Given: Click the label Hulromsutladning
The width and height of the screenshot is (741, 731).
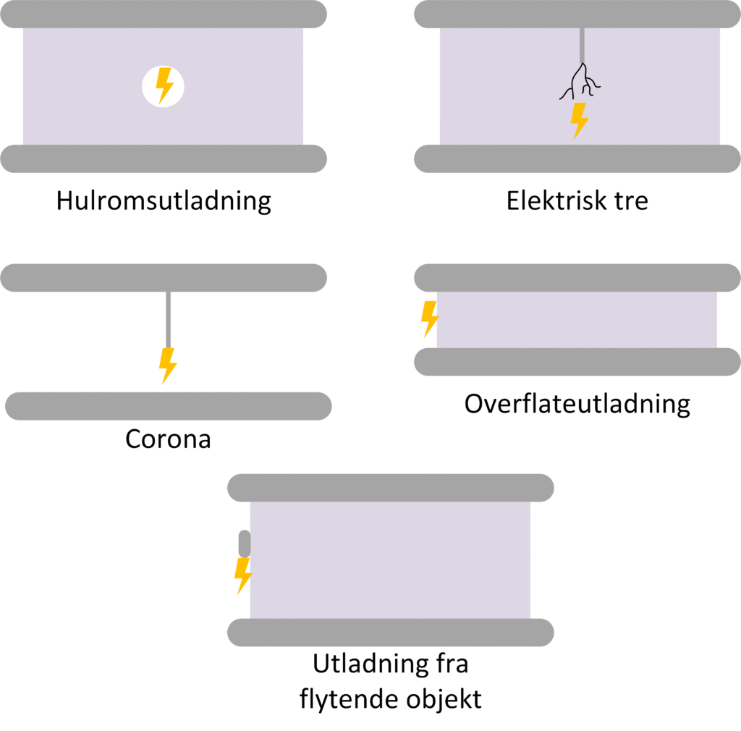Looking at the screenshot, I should pyautogui.click(x=164, y=200).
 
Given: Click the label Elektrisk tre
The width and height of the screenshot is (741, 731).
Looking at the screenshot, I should pyautogui.click(x=577, y=200).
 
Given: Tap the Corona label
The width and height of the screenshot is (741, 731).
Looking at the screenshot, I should pyautogui.click(x=168, y=439).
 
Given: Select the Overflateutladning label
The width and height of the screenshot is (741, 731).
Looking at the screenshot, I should pyautogui.click(x=577, y=404).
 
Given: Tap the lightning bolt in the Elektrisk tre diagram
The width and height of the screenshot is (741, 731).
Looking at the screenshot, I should pyautogui.click(x=578, y=119).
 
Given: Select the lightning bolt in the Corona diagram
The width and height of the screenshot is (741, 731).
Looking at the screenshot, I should pyautogui.click(x=168, y=365).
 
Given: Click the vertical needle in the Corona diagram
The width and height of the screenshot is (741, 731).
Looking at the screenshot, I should pyautogui.click(x=168, y=318).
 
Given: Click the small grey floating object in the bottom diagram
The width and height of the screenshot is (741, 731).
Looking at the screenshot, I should pyautogui.click(x=245, y=544).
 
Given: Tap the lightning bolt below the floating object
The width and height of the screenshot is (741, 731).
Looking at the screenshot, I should pyautogui.click(x=243, y=575).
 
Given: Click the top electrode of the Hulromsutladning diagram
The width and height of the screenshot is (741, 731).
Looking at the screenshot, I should pyautogui.click(x=164, y=14).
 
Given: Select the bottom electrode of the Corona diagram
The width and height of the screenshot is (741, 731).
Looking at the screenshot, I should pyautogui.click(x=168, y=406).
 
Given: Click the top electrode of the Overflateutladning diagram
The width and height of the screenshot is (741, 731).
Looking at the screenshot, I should pyautogui.click(x=577, y=278).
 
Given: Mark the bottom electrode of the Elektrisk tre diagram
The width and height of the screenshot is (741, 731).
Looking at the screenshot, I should pyautogui.click(x=577, y=159).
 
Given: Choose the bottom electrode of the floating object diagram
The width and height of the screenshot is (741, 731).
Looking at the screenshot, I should pyautogui.click(x=390, y=633).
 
